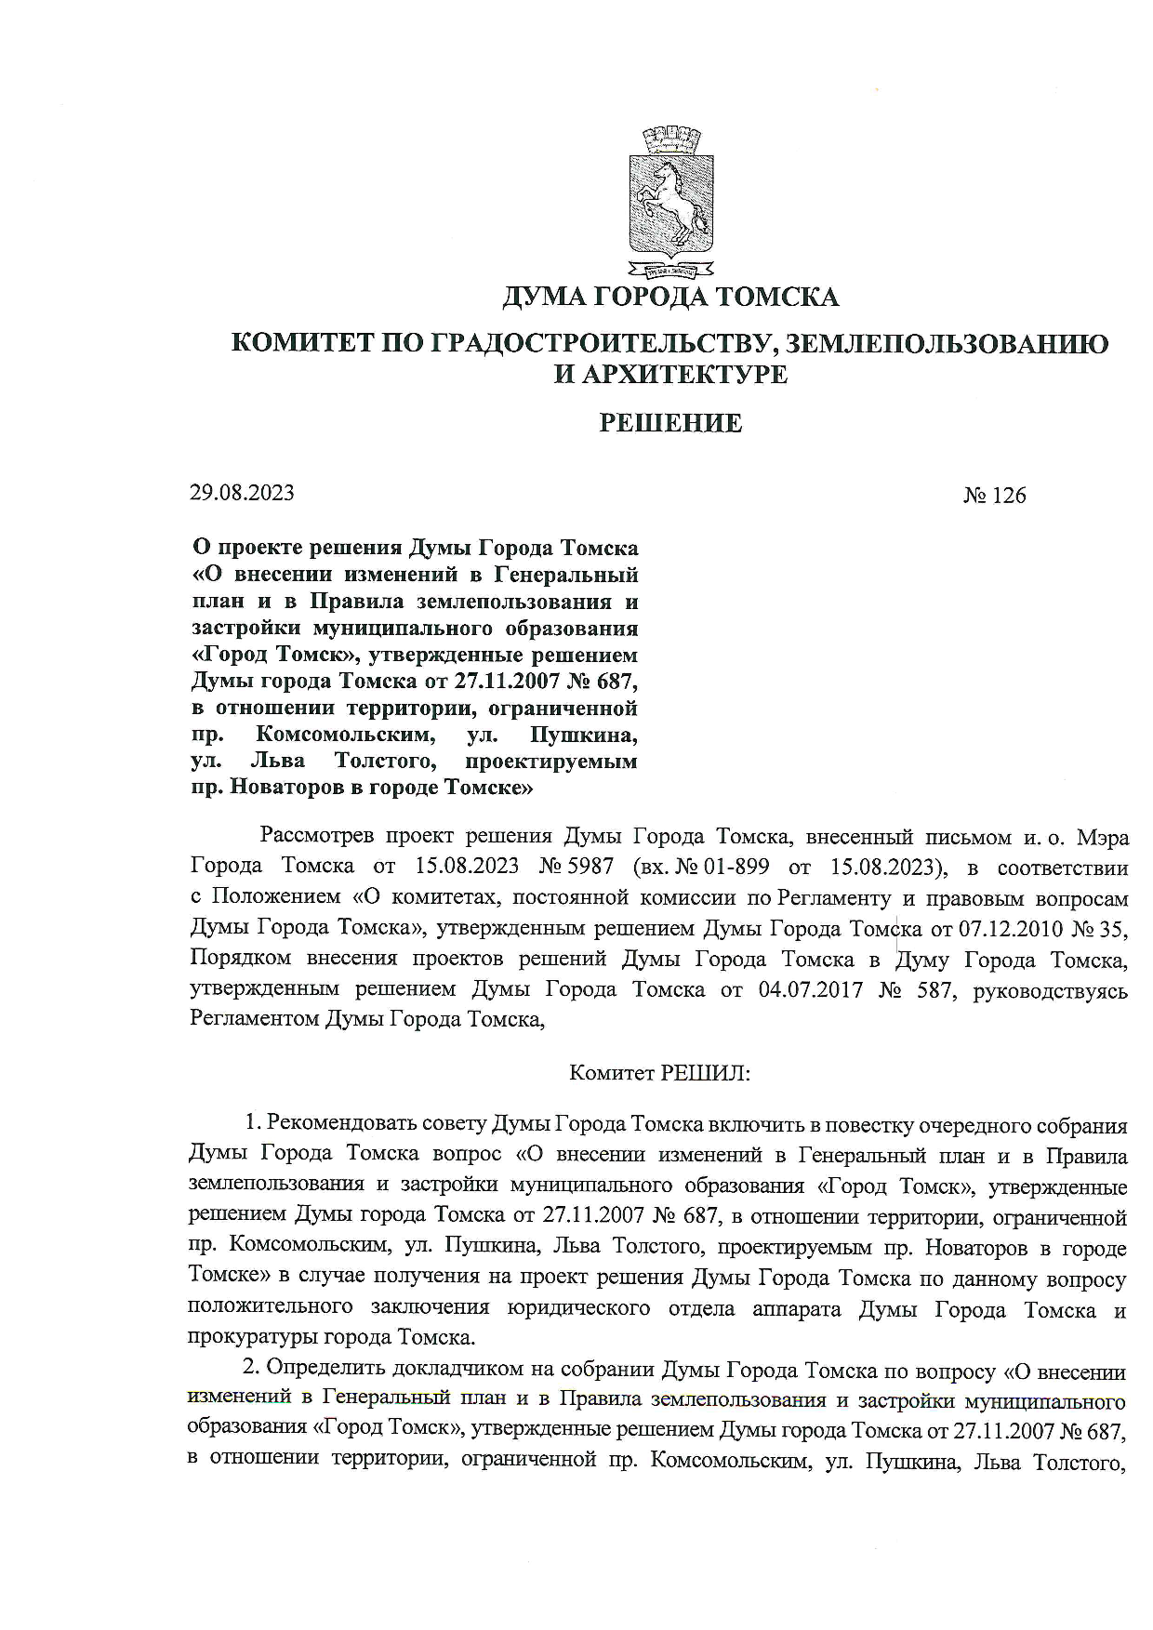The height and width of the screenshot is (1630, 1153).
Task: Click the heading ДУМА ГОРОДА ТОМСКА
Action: coord(670,298)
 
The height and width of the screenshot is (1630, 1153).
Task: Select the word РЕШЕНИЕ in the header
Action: coord(670,424)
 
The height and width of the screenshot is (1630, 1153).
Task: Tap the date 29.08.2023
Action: coord(242,493)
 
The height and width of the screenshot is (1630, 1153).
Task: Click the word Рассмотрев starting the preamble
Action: coord(317,837)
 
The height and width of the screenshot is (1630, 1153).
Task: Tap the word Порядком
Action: coord(241,960)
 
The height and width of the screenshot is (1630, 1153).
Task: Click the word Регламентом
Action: coord(253,1020)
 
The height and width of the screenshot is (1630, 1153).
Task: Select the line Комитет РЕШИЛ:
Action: coord(659,1073)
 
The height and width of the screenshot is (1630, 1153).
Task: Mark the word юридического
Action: coord(578,1308)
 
